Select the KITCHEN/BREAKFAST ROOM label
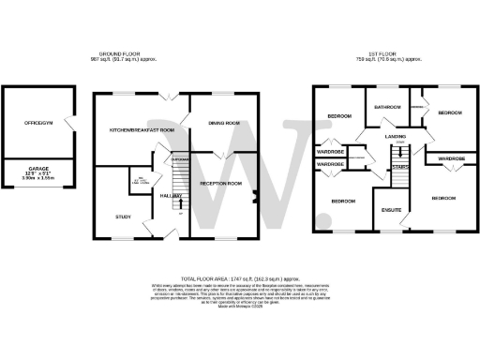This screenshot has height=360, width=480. [x=142, y=128]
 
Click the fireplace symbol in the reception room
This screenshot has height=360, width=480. [x=254, y=197]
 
